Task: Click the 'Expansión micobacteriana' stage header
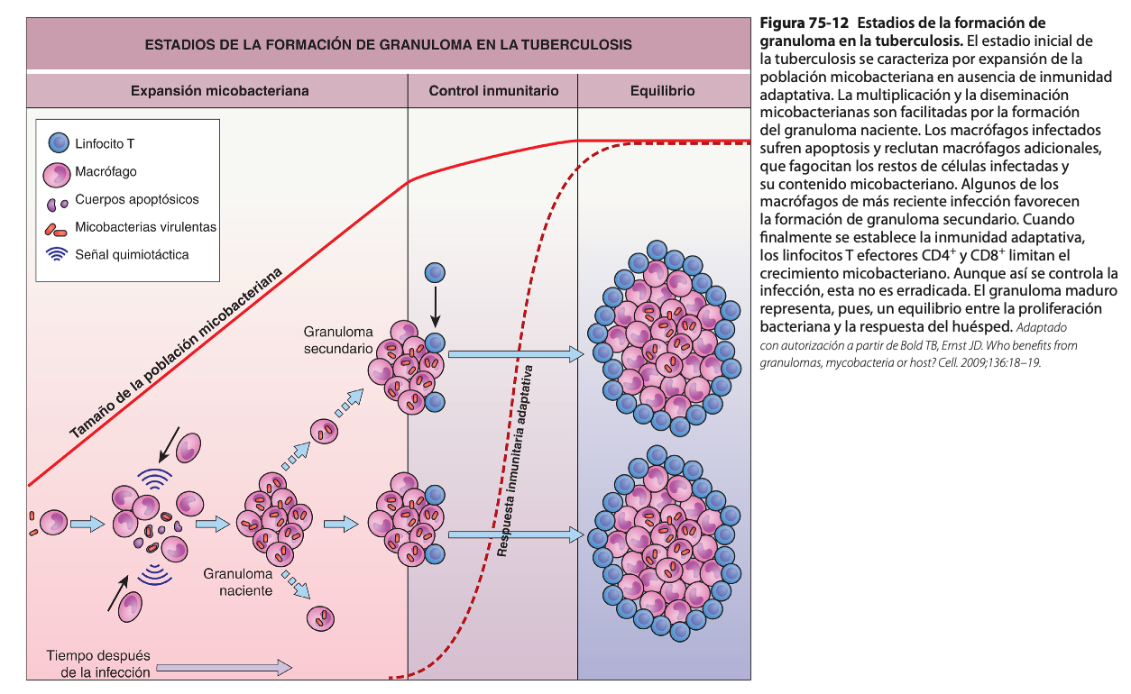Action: pyautogui.click(x=220, y=91)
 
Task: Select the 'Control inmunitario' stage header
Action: pyautogui.click(x=493, y=91)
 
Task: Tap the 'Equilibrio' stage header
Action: pyautogui.click(x=663, y=91)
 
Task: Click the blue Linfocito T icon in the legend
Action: pyautogui.click(x=58, y=143)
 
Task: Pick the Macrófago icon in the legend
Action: pyautogui.click(x=58, y=172)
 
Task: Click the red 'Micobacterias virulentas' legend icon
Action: pyautogui.click(x=57, y=228)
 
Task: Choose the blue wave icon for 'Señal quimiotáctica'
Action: pyautogui.click(x=58, y=254)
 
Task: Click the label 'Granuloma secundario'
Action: pyautogui.click(x=337, y=340)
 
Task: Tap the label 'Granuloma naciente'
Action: pyautogui.click(x=238, y=581)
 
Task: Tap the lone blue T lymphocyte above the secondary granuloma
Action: pyautogui.click(x=436, y=271)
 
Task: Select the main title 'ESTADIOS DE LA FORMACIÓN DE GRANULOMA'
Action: pyautogui.click(x=388, y=43)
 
